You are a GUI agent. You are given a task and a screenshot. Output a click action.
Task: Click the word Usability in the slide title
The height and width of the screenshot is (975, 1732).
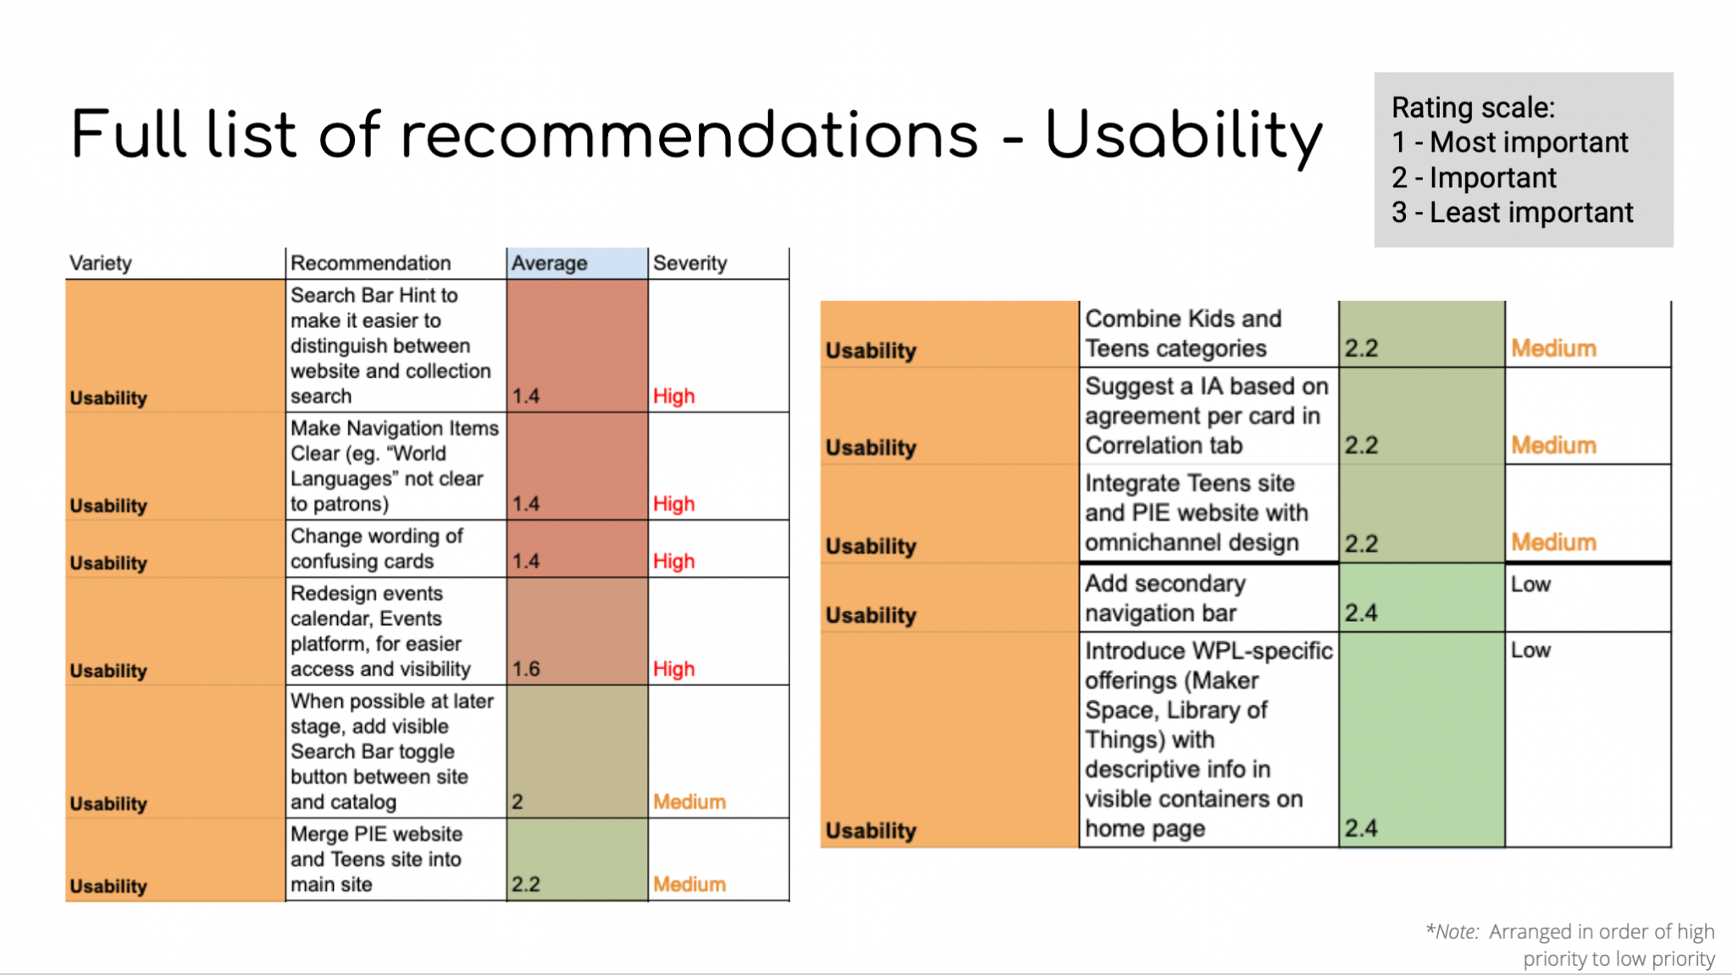tap(1183, 136)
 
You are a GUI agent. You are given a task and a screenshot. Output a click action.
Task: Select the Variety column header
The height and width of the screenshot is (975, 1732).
tap(100, 263)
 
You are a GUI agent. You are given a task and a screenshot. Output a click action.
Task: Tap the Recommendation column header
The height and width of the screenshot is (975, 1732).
tap(370, 263)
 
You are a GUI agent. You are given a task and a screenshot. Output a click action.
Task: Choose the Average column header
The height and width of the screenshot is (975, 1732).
tap(549, 263)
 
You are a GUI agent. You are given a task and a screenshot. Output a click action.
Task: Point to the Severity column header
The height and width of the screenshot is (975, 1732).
tap(689, 263)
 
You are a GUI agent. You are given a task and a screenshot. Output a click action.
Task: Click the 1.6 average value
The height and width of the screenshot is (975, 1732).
tap(526, 669)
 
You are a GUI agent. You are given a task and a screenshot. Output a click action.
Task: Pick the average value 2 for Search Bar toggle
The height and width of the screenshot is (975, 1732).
tap(517, 802)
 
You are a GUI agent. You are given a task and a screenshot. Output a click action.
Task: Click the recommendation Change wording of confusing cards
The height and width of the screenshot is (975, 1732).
tap(377, 549)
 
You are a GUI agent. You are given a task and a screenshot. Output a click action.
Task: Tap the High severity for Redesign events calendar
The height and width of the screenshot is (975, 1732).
tap(673, 669)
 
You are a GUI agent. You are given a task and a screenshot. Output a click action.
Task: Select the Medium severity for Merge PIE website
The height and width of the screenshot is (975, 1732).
tap(689, 884)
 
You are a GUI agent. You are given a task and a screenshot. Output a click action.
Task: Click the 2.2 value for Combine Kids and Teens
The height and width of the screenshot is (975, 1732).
tap(1361, 348)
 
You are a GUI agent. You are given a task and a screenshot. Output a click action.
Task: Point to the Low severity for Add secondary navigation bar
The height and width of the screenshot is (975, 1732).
tap(1530, 584)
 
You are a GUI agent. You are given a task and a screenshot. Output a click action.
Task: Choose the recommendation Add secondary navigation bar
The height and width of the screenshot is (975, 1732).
tap(1165, 598)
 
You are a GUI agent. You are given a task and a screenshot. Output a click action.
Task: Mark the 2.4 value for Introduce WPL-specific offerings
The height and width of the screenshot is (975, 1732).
tap(1360, 828)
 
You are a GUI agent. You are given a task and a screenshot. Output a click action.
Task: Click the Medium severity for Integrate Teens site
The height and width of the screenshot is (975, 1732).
tap(1553, 543)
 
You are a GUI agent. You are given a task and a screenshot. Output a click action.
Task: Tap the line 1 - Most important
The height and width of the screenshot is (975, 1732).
tap(1509, 142)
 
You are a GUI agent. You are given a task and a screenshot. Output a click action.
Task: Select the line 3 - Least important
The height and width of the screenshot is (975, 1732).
tap(1512, 213)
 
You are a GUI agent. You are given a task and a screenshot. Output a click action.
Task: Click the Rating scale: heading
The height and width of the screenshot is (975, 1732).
tap(1474, 108)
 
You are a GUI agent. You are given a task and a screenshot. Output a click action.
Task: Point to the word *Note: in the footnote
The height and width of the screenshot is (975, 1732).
tap(1453, 932)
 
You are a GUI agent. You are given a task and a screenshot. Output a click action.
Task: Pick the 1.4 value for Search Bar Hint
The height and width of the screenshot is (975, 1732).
tap(526, 396)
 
